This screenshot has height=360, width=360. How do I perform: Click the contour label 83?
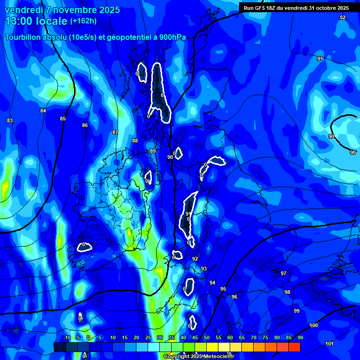tap(10, 121)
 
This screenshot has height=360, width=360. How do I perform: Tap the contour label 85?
tap(63, 119)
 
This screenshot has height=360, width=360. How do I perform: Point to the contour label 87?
tap(115, 133)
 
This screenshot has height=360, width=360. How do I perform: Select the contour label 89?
tap(152, 151)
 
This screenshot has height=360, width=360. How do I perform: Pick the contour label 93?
tap(204, 269)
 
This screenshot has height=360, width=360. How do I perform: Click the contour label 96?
tap(234, 297)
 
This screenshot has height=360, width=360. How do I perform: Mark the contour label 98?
tap(287, 292)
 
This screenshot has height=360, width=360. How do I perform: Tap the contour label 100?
tap(314, 325)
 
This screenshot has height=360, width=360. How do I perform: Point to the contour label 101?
tap(330, 344)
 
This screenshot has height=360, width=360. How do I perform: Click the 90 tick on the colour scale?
tap(300, 337)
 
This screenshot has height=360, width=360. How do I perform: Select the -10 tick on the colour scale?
tap(67, 337)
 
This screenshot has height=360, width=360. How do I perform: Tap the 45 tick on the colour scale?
tap(195, 337)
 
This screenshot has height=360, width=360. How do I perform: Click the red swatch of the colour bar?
tap(294, 347)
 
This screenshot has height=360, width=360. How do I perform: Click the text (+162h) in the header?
tap(83, 21)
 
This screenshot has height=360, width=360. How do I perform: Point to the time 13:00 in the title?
tap(22, 21)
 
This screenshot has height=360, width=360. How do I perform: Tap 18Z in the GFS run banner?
tap(269, 8)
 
